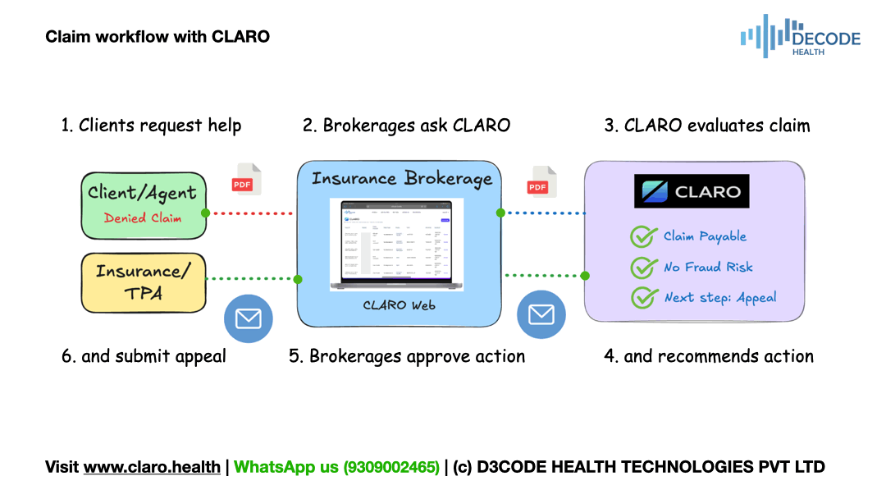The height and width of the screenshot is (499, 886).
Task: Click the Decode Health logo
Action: tap(800, 37)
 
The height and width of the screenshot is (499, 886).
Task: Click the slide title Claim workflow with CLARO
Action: tap(158, 37)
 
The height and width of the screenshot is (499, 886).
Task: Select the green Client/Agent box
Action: tap(144, 204)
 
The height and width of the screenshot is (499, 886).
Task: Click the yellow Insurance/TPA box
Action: tap(144, 282)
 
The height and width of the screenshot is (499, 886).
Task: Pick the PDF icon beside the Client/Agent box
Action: tap(245, 180)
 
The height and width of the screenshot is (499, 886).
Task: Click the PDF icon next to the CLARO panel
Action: tap(541, 182)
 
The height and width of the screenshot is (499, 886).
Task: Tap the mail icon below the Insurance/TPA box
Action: tap(248, 319)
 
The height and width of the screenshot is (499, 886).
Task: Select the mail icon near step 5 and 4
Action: tap(541, 314)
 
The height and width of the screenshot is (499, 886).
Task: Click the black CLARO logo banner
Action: tap(692, 192)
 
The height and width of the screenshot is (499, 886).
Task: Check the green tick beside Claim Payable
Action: tap(642, 236)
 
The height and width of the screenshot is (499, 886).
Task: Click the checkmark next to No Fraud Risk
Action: tap(642, 268)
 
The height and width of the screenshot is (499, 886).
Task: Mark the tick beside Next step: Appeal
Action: tap(642, 298)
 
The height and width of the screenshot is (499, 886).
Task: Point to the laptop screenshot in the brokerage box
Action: tap(397, 244)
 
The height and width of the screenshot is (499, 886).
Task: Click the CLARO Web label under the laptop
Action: tap(399, 305)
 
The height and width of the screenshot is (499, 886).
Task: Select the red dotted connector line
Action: tap(250, 213)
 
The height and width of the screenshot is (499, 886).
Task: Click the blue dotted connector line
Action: tap(542, 213)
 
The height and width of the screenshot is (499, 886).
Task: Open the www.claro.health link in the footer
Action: tap(152, 467)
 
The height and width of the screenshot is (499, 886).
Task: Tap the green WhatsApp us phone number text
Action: tap(336, 467)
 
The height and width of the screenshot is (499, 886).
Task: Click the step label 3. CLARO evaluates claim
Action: tap(707, 126)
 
